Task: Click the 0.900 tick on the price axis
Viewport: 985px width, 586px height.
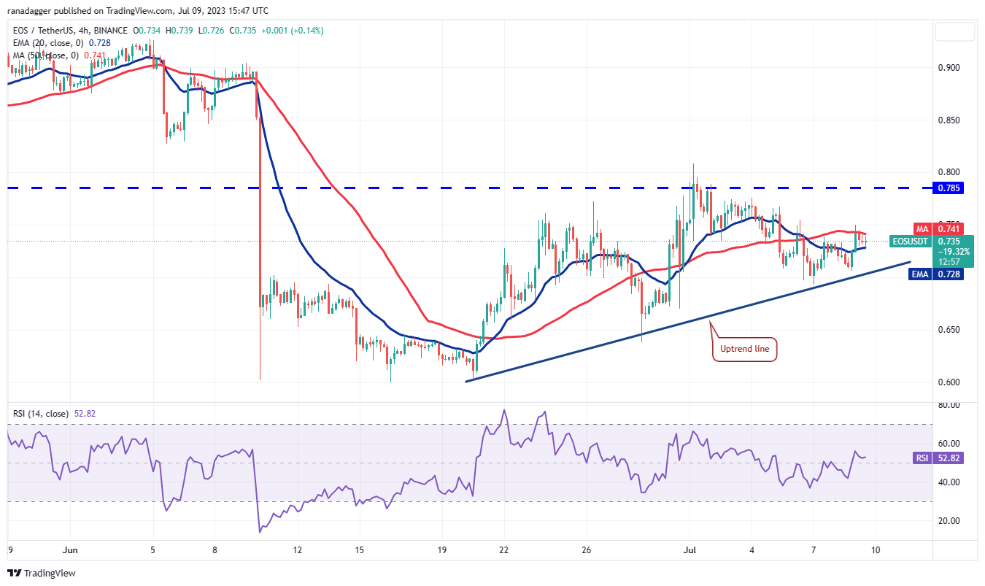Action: (949, 67)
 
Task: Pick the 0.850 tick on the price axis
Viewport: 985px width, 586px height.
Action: (949, 120)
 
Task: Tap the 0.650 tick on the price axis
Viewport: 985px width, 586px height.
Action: (949, 329)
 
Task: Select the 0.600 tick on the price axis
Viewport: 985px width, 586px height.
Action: (949, 382)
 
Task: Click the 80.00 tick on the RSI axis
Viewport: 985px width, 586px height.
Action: (949, 405)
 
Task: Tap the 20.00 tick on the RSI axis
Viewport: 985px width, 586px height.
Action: (949, 521)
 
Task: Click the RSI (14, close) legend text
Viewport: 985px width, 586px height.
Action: (41, 414)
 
